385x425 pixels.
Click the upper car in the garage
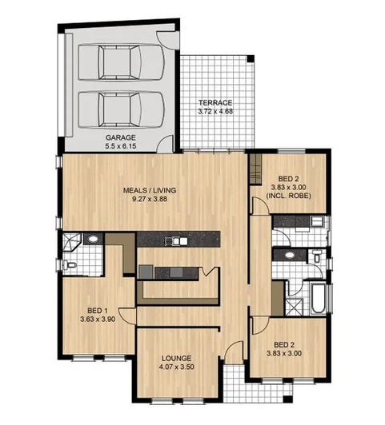[120, 62]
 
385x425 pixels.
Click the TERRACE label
[215, 103]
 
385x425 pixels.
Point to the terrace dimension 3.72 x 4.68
[215, 112]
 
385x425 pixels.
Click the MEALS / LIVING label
[149, 190]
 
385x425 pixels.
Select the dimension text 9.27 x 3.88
[149, 199]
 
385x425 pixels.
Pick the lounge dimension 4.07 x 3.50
[177, 368]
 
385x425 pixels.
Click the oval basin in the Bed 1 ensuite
[93, 239]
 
